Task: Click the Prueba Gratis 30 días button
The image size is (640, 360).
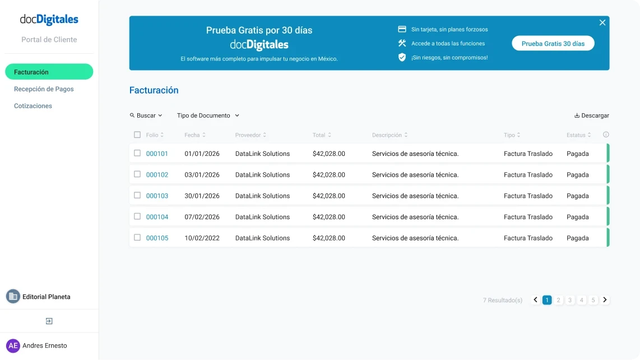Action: coord(553,43)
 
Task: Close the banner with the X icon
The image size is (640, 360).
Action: coord(602,22)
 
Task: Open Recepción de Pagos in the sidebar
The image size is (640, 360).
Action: coord(44,89)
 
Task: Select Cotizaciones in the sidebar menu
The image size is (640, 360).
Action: coord(33,106)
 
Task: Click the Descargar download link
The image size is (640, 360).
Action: coord(592,116)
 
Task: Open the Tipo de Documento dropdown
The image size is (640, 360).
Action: coord(208,116)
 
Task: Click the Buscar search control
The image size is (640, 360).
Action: coord(146,116)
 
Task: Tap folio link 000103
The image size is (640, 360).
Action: coord(157,196)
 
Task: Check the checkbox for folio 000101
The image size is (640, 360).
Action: coord(137,153)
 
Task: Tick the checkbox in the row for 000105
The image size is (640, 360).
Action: coord(137,238)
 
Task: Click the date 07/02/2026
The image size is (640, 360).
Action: coord(202,217)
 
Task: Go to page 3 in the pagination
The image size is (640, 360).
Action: coord(570,300)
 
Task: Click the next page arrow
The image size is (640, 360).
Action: coord(605,300)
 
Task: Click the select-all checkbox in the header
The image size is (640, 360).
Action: coord(137,135)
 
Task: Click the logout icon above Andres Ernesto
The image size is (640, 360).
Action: coord(49,321)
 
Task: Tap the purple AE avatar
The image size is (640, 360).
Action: coord(13,345)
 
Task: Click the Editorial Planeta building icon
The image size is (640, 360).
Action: coord(13,297)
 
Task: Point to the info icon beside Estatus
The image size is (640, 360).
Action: coord(606,135)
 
